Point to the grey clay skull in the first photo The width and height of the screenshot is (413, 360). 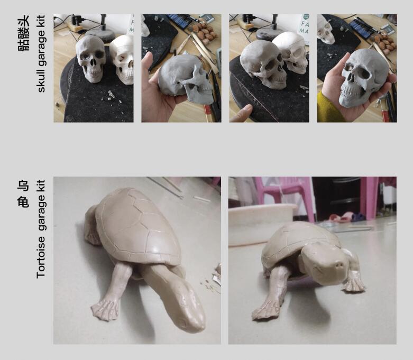(x=90, y=58)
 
